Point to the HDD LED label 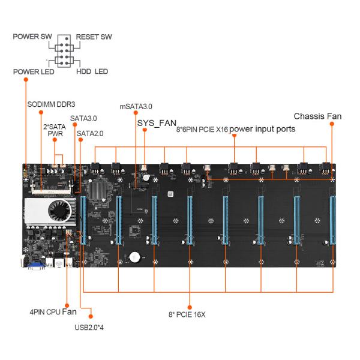coord(92,71)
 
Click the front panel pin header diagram coord(64,54)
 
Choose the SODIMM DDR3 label coord(50,103)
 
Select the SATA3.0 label coord(83,118)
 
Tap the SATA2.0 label coord(90,133)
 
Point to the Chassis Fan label coord(317,116)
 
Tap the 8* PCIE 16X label coord(190,314)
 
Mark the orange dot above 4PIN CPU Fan coord(67,305)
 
